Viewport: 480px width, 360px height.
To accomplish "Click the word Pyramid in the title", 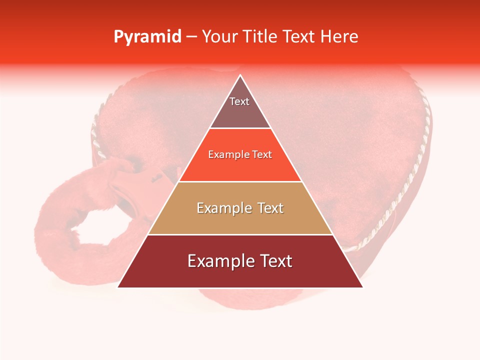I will click(x=147, y=37).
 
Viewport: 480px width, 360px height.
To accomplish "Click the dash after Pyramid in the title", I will click(x=191, y=37).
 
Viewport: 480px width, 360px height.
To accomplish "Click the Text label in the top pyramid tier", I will click(x=239, y=101).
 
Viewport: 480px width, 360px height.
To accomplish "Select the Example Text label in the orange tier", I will click(x=240, y=155).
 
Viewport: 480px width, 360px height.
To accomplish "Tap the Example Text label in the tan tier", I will click(x=240, y=208).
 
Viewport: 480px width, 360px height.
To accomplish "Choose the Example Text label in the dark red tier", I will click(x=240, y=261).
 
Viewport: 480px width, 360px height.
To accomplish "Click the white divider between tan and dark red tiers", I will click(x=240, y=234).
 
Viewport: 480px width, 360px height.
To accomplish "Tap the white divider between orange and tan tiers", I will click(x=240, y=181).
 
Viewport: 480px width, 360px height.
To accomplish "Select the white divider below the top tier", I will click(x=240, y=128).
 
